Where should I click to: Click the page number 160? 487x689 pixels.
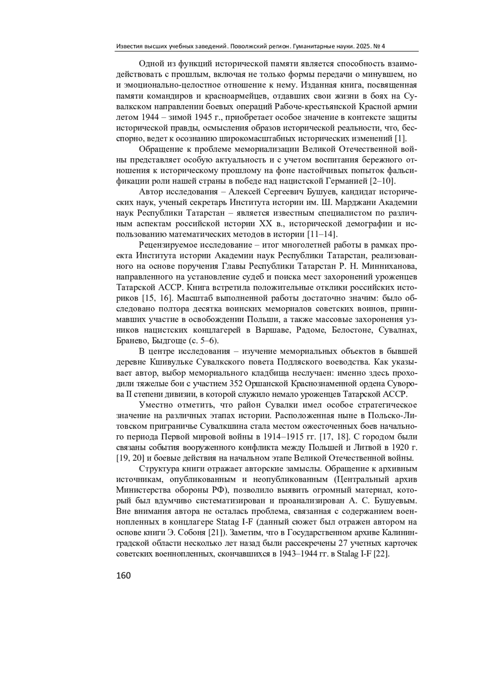click(x=123, y=575)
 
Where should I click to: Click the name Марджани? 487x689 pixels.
click(x=353, y=202)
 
